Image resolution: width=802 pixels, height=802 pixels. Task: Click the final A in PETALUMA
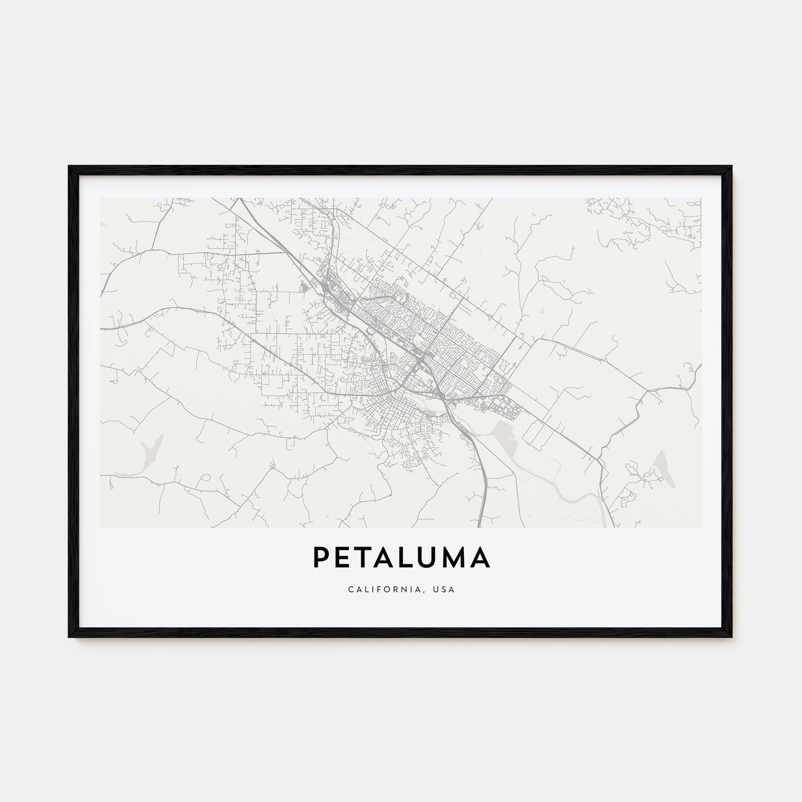[479, 557]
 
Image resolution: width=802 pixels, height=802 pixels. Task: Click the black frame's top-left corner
[69, 167]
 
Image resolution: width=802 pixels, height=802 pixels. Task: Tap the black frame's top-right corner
[731, 167]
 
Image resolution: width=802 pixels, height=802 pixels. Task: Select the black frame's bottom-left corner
[69, 636]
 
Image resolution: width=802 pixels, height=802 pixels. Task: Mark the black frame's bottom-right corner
[731, 636]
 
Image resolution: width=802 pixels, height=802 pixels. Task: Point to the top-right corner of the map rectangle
[701, 198]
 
